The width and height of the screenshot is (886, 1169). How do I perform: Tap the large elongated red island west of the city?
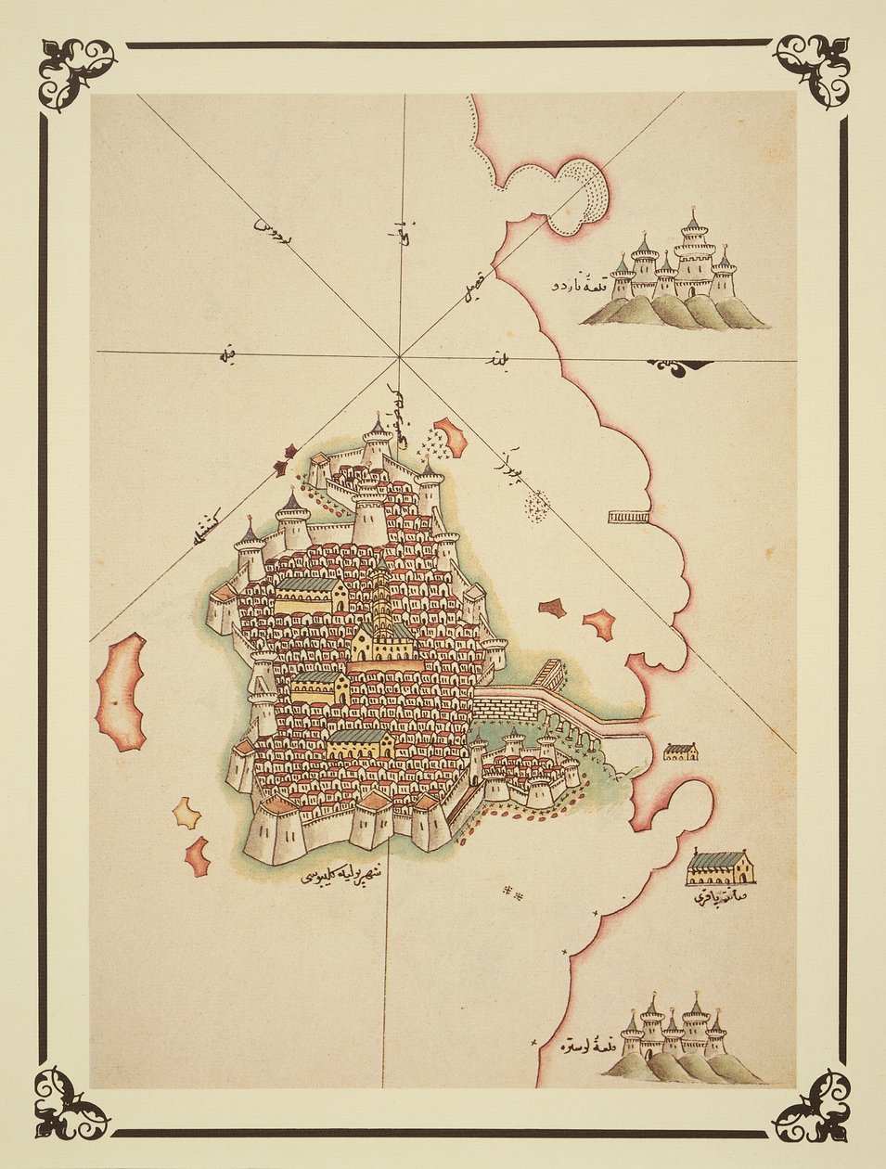pos(122,691)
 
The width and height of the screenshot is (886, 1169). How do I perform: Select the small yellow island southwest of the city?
pos(186,813)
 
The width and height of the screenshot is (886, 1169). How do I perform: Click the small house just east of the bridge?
pos(681,751)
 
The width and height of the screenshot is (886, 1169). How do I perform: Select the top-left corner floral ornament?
pos(76,72)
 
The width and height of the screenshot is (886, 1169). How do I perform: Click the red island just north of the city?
pos(449,435)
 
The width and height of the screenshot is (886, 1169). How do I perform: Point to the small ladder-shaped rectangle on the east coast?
pos(628,516)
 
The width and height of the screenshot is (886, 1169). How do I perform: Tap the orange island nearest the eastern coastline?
pos(599,623)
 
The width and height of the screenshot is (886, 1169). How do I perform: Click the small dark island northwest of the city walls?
pos(289,452)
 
